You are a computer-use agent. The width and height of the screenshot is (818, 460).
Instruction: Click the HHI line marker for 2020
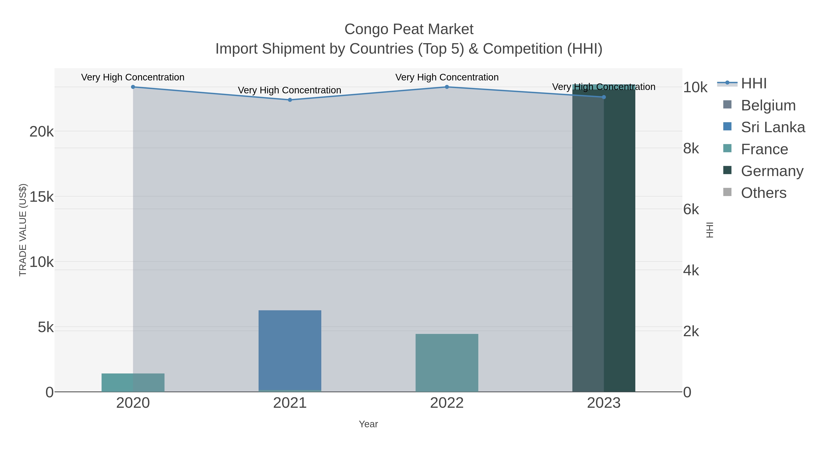[133, 87]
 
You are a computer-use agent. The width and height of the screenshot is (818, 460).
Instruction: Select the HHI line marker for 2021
[290, 100]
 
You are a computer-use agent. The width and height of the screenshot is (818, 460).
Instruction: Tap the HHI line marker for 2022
[447, 87]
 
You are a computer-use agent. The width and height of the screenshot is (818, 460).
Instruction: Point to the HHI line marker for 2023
[604, 97]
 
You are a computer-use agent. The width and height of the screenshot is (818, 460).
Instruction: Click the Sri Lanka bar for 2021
[290, 349]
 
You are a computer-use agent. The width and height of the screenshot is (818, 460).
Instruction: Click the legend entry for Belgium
[768, 105]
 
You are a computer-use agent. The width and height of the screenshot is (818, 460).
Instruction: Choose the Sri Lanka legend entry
[773, 127]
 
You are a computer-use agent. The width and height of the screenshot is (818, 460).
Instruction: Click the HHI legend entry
[753, 84]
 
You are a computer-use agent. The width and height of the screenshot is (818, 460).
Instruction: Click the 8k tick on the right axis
[691, 149]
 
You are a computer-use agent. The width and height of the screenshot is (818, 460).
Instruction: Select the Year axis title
[368, 424]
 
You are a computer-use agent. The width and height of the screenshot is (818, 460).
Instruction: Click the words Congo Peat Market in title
[409, 29]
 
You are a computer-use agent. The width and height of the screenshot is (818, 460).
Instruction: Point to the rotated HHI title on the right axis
[710, 230]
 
